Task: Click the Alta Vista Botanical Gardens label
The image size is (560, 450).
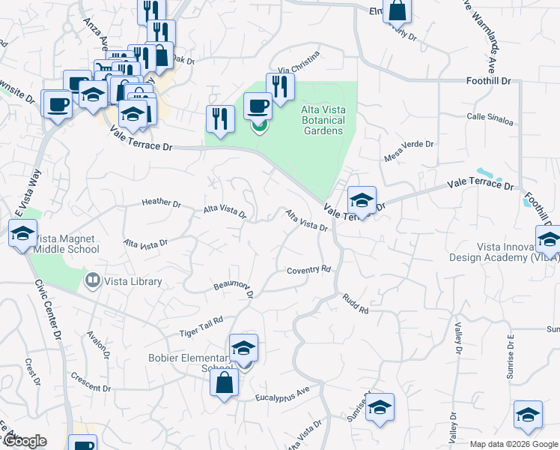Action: (323, 120)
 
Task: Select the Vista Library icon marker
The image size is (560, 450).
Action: (93, 281)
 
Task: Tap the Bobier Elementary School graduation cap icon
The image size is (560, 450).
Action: (243, 348)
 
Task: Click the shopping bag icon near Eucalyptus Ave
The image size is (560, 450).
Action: (225, 383)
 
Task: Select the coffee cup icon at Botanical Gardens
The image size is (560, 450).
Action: (258, 106)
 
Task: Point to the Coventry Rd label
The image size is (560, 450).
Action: (308, 269)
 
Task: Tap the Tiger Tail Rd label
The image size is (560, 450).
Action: (201, 324)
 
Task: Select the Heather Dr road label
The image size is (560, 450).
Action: (162, 202)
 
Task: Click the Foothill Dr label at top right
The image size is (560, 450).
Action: (488, 79)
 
